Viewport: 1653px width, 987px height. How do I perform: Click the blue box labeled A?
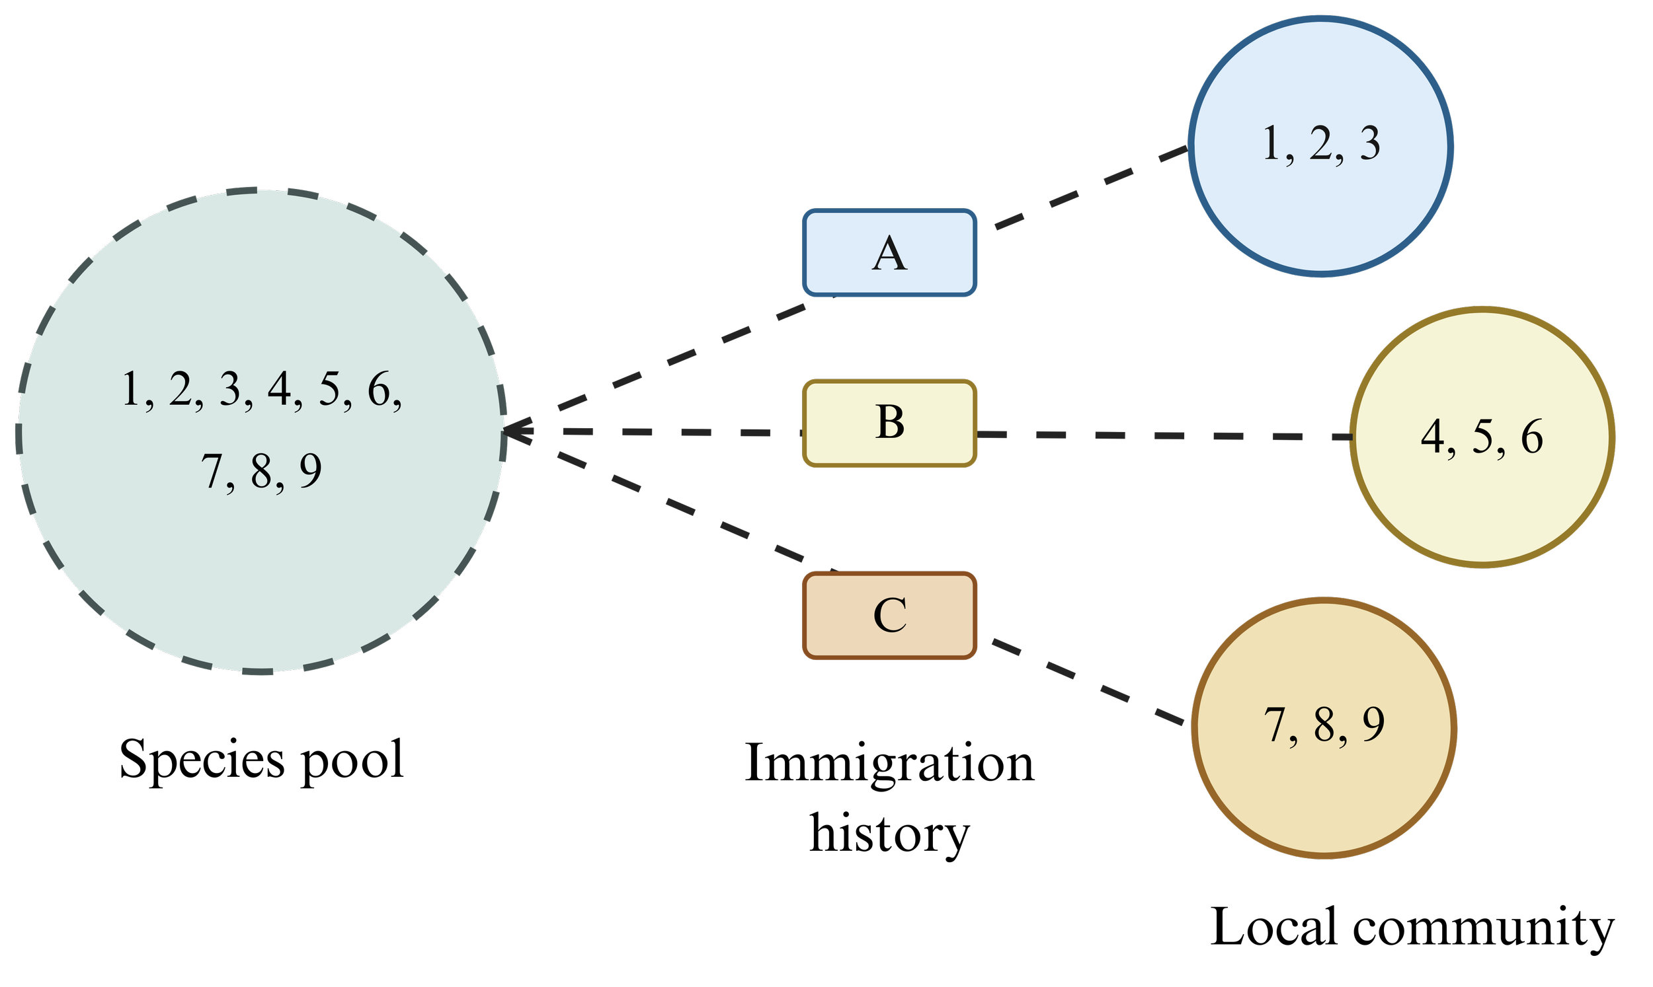(x=890, y=253)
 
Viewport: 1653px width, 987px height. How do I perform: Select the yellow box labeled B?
(x=890, y=423)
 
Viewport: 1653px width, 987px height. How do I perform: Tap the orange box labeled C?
(x=890, y=615)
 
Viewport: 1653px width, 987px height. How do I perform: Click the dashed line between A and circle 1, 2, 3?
(x=1092, y=188)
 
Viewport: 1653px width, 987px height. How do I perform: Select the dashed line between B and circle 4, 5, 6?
(x=1164, y=435)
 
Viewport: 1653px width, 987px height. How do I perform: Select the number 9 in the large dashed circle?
(x=310, y=471)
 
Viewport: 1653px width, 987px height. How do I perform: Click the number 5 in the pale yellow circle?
(x=1482, y=437)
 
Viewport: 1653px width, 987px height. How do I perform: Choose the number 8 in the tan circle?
(x=1324, y=725)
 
